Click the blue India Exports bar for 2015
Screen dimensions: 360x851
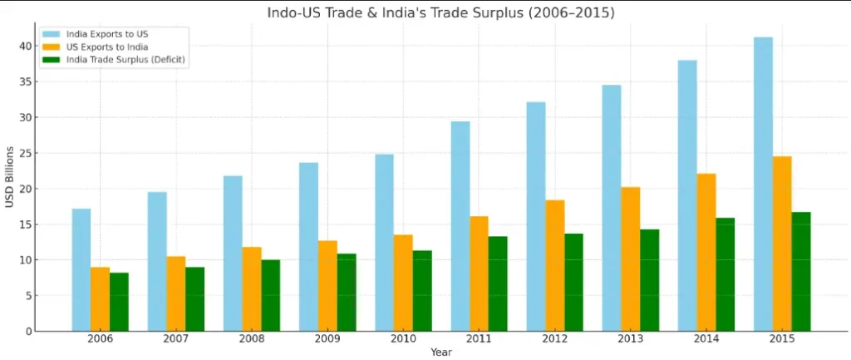(x=763, y=184)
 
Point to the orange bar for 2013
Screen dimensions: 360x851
(x=631, y=259)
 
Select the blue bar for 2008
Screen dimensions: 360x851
(x=233, y=253)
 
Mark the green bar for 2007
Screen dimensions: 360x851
(x=194, y=298)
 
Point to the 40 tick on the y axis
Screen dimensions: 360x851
(x=26, y=46)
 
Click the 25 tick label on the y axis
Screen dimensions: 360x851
(x=26, y=153)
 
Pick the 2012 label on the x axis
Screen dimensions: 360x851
(x=554, y=339)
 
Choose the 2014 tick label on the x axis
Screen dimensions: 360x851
(x=706, y=339)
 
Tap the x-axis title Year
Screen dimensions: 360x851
(x=441, y=353)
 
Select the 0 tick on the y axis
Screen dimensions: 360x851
(x=28, y=331)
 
